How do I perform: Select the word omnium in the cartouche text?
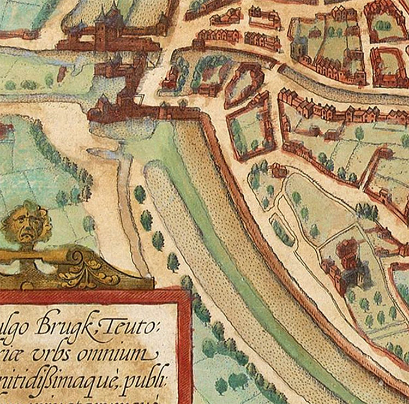(124, 355)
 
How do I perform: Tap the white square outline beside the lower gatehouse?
(140, 101)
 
